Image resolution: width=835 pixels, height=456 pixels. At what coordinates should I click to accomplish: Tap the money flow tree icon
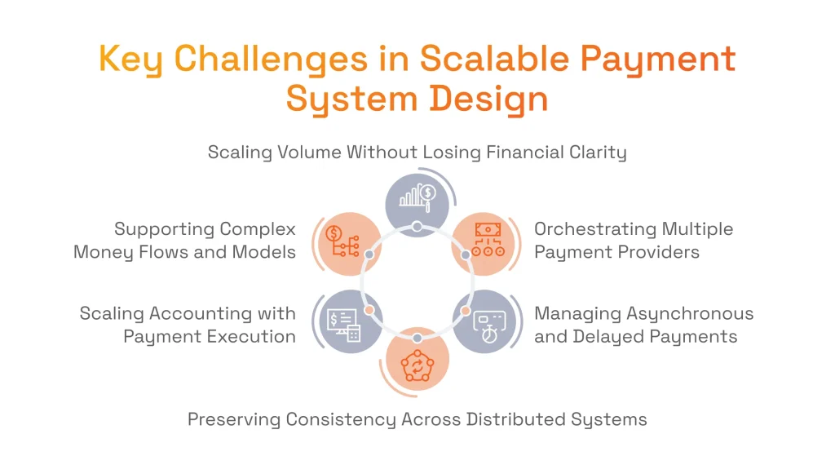click(342, 242)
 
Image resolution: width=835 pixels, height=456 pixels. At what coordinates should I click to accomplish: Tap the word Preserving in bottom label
click(233, 420)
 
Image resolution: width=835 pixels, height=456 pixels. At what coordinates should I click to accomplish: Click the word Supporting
click(164, 229)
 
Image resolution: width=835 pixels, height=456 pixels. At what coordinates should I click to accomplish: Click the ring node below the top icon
click(417, 226)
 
